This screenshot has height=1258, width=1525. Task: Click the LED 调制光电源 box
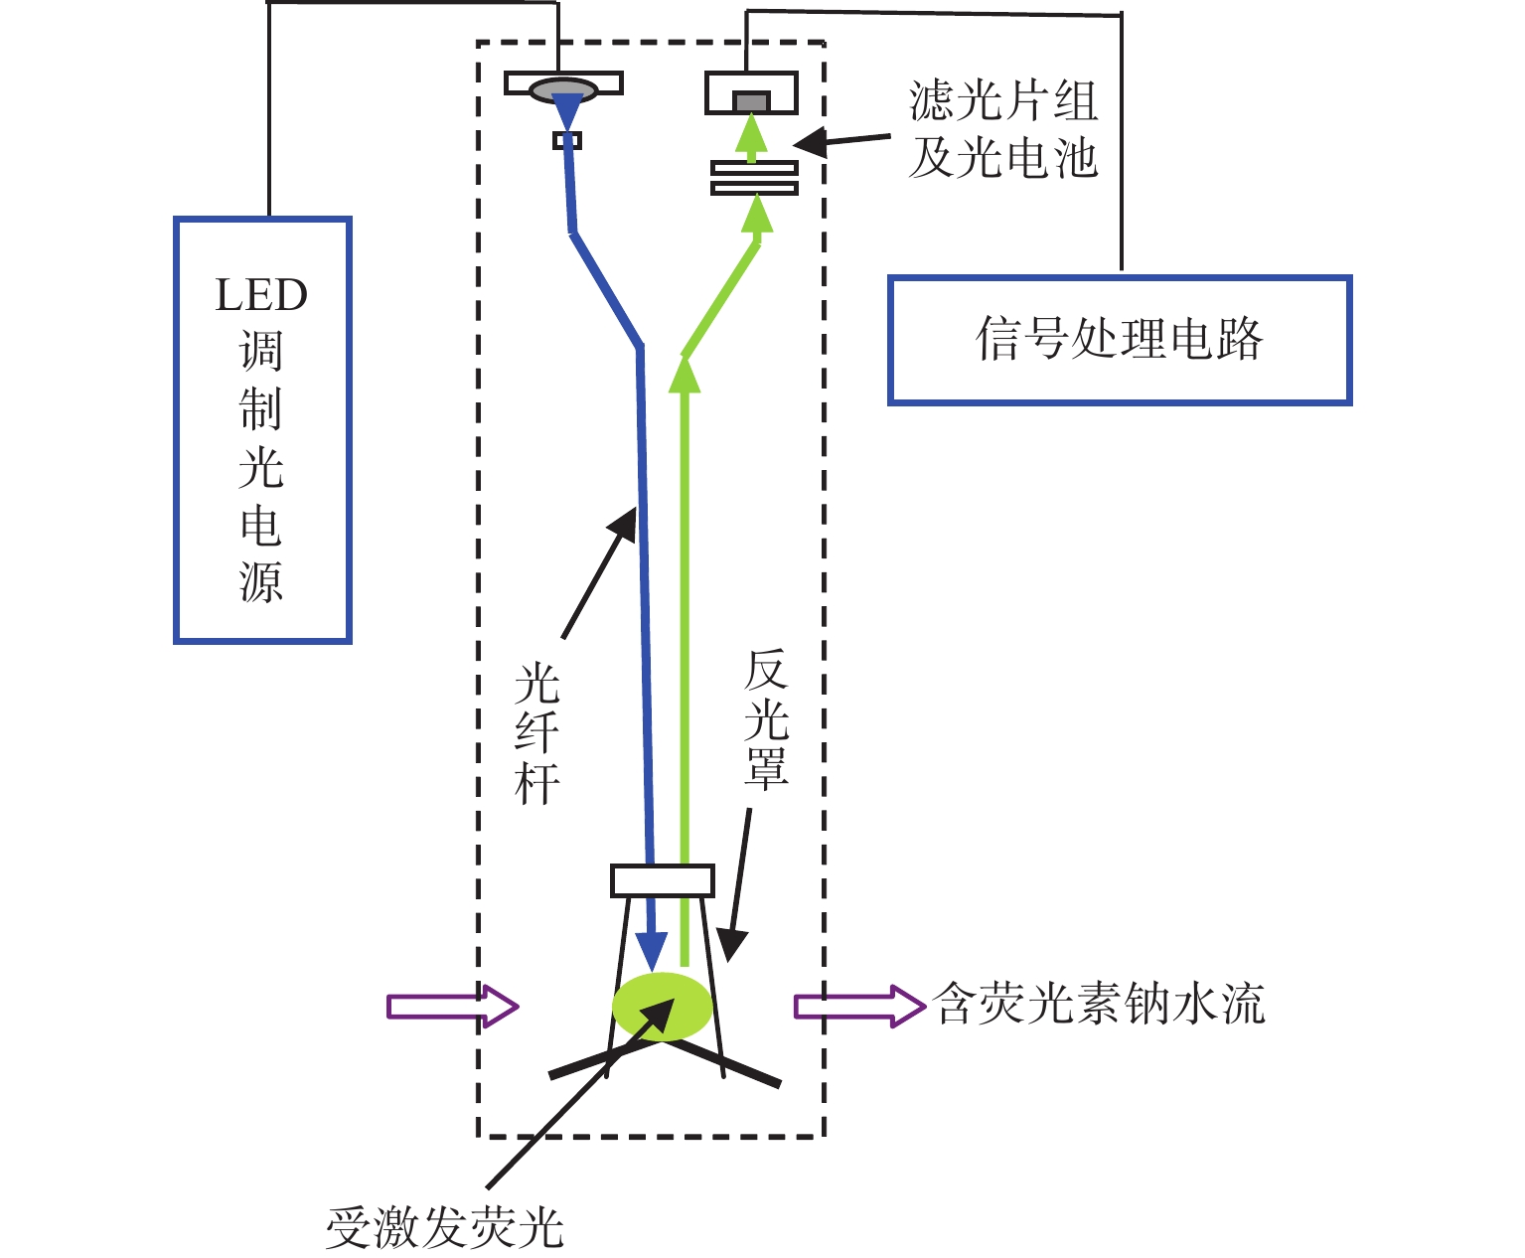pos(262,430)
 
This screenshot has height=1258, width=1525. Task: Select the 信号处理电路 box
pos(1120,340)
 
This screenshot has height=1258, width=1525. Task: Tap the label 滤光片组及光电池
pos(1003,129)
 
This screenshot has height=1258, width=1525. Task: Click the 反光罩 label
pos(766,720)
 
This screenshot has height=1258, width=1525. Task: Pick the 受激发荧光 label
pos(445,1228)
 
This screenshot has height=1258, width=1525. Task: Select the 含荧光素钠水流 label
pos(1099,1004)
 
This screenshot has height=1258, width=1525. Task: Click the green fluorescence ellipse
pos(663,1007)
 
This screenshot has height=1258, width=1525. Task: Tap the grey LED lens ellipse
pos(563,90)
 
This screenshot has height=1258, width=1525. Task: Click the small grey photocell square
pos(751,101)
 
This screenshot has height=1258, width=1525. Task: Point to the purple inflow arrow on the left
pos(453,1007)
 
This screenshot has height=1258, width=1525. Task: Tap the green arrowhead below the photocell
pos(752,132)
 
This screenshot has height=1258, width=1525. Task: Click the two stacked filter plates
pos(754,178)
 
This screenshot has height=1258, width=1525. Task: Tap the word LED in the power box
pos(261,295)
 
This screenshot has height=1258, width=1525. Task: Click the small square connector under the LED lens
pos(567,140)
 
